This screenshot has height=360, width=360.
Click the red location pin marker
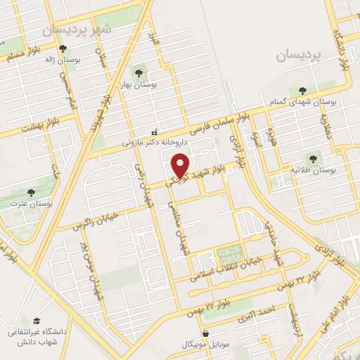[x=181, y=166]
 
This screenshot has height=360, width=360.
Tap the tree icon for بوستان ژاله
[x=63, y=49]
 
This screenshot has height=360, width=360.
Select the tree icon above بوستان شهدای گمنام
[x=302, y=90]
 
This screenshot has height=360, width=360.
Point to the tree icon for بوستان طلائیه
[x=310, y=158]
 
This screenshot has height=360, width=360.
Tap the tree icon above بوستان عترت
[x=30, y=192]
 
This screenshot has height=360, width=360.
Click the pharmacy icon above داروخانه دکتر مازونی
[x=154, y=131]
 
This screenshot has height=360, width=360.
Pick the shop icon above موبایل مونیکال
[x=205, y=334]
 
